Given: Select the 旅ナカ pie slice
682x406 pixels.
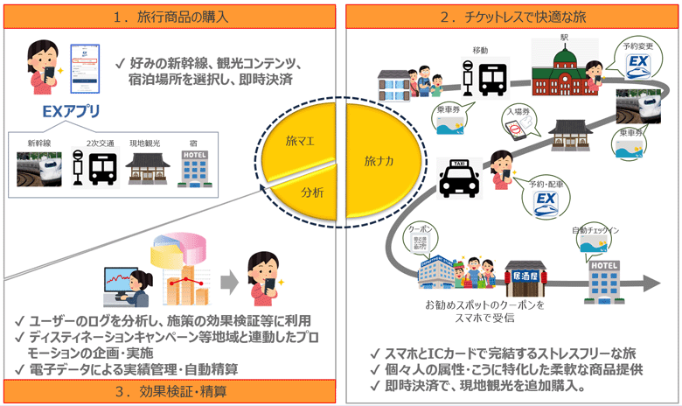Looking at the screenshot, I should point(379,161).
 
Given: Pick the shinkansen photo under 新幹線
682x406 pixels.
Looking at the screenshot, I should point(39,169).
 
